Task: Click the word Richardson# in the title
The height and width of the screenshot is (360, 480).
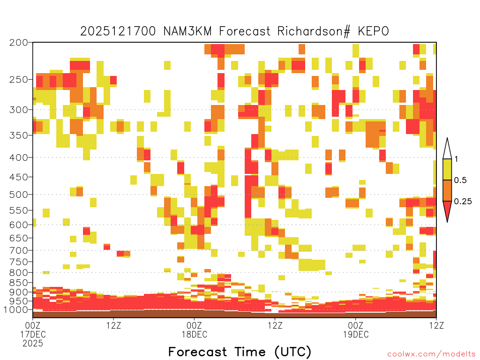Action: tap(314, 31)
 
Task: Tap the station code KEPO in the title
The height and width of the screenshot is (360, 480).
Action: tap(373, 31)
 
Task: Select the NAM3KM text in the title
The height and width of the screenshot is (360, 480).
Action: tap(187, 31)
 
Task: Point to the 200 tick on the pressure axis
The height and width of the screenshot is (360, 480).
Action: tap(19, 43)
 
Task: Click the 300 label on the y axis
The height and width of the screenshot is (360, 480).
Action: tap(19, 110)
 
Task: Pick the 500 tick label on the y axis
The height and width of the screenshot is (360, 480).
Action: tap(19, 195)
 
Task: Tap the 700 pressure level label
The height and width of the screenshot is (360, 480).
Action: tap(19, 250)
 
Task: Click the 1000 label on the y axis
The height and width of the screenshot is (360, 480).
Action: tap(16, 310)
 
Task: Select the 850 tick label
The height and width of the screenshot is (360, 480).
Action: tap(19, 283)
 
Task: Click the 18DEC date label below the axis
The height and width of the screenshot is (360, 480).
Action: tap(195, 334)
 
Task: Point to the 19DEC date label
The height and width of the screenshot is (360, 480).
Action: tap(356, 334)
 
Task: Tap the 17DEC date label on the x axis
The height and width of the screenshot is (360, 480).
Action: tap(33, 334)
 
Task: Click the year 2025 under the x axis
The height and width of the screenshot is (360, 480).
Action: tap(33, 344)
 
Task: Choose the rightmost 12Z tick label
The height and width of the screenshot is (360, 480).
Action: tap(436, 325)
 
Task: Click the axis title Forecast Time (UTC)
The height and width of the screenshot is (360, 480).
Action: tap(240, 352)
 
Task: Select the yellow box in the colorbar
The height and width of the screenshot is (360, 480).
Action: tap(447, 169)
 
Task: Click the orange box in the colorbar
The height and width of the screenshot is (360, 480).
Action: tap(447, 190)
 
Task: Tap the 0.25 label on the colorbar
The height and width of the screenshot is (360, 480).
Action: tap(463, 201)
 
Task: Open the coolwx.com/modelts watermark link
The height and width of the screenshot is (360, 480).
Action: tap(431, 354)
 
